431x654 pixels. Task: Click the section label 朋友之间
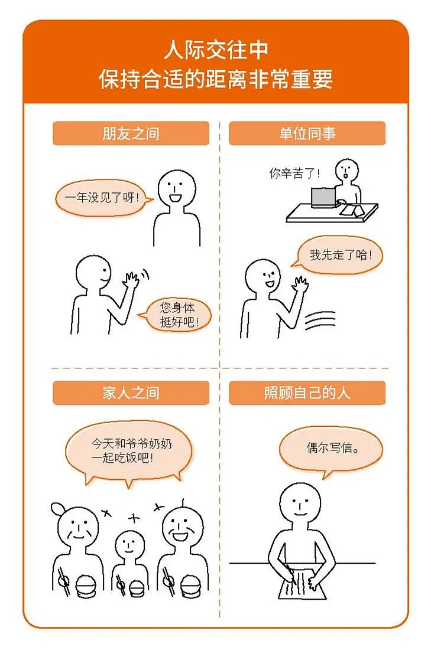[x=131, y=133]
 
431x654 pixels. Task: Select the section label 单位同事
[x=307, y=133]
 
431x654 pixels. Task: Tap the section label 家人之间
[x=131, y=393]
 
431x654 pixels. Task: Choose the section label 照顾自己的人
[x=307, y=393]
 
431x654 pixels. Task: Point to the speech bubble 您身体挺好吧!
[x=177, y=315]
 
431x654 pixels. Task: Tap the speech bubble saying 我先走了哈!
[x=340, y=256]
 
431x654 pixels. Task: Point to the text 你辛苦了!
[x=294, y=173]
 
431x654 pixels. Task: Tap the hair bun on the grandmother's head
[x=59, y=508]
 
